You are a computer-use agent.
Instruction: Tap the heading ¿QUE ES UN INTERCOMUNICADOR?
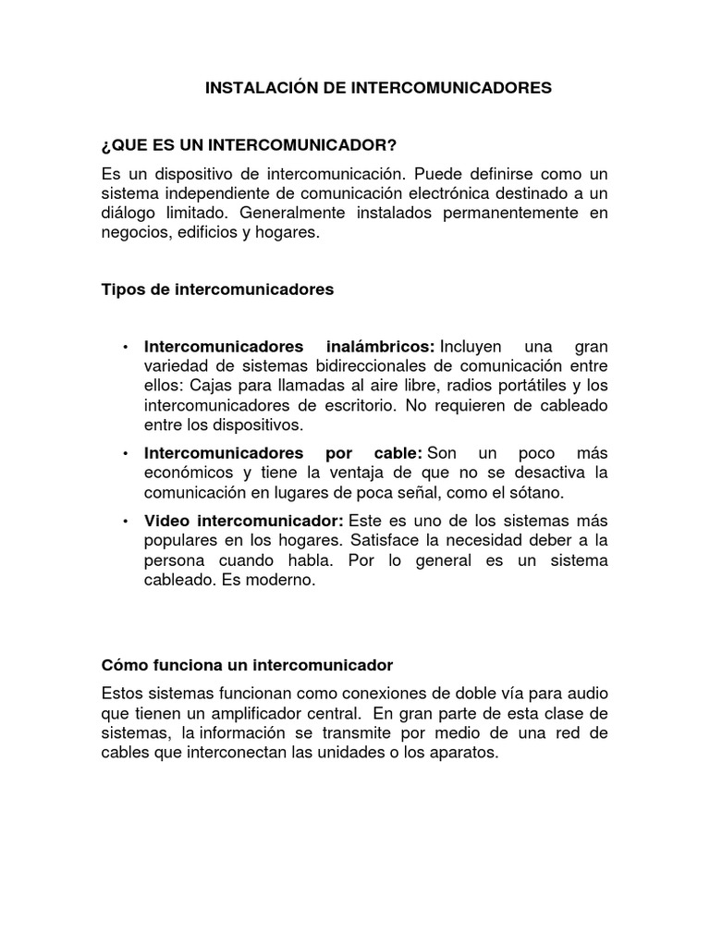pos(249,145)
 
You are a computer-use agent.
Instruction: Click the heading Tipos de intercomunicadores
pos(217,289)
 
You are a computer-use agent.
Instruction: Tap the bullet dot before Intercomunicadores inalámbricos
pos(125,347)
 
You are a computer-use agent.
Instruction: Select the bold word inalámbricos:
pos(381,346)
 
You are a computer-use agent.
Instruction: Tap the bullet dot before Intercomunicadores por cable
pos(125,454)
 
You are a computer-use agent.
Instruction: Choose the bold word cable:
pos(398,453)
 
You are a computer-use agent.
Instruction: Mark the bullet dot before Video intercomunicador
pos(125,522)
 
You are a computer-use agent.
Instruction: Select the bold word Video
pos(165,521)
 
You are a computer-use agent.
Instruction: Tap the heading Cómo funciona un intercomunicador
pos(247,665)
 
